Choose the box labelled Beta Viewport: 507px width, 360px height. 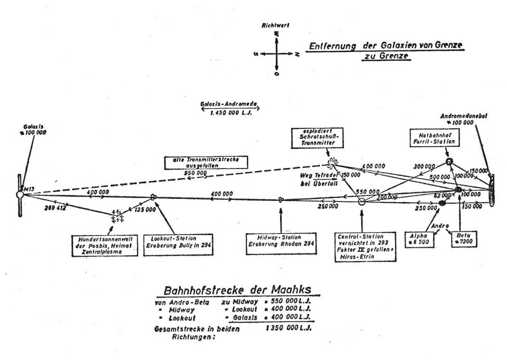point(460,238)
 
